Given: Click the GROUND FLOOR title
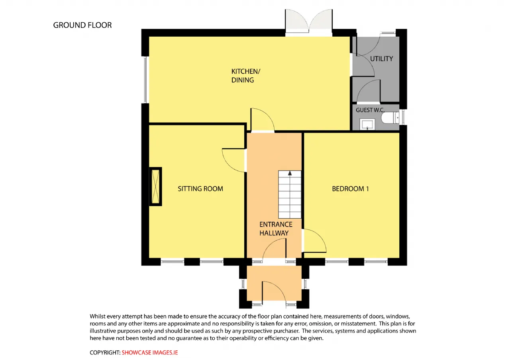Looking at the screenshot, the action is [82, 25].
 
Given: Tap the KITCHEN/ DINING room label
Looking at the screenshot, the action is [246, 76].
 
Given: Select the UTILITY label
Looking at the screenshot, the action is [381, 59].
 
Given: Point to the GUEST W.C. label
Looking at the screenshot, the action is [370, 110].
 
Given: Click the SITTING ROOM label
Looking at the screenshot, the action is [200, 189].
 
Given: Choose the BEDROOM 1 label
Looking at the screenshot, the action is [350, 189].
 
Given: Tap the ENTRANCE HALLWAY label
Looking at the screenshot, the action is [276, 229].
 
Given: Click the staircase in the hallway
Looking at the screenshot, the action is [290, 195].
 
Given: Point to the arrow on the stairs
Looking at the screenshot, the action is [290, 173].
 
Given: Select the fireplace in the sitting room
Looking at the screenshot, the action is [155, 187].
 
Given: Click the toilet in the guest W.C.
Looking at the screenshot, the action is [390, 117].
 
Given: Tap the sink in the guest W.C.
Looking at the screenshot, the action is [367, 124].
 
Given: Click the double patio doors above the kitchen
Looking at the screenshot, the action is [309, 22].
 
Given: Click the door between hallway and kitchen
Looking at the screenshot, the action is [262, 120].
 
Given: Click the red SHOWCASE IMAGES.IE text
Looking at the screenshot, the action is [149, 352].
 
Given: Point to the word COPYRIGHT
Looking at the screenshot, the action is [105, 352].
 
